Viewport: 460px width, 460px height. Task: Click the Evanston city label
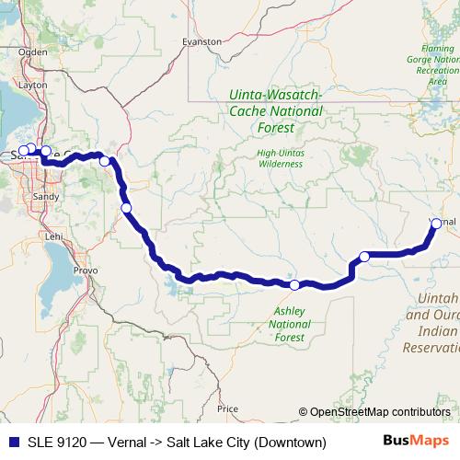click(202, 41)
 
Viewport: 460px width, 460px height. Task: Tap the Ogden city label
click(32, 52)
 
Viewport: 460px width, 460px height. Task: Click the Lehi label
click(54, 236)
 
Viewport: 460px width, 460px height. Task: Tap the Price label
click(227, 408)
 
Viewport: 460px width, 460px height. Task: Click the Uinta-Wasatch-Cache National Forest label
click(275, 111)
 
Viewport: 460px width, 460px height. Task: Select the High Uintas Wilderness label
click(280, 157)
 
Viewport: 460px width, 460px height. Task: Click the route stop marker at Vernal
click(436, 223)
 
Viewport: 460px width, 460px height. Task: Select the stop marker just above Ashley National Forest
click(295, 285)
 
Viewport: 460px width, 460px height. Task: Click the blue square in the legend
click(9, 443)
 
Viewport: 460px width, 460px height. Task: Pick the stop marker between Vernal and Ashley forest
click(364, 256)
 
